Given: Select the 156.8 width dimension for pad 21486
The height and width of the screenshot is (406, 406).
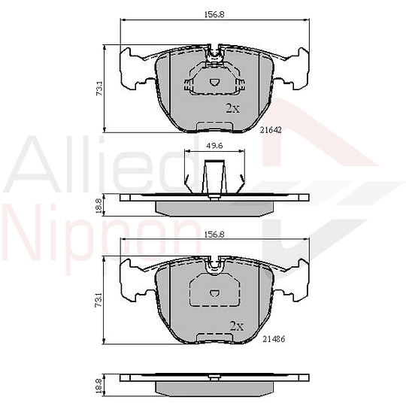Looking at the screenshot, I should [214, 234].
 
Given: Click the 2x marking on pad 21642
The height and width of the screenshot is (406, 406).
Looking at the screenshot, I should [233, 108].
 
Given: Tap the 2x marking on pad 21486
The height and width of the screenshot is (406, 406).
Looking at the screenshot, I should [236, 326].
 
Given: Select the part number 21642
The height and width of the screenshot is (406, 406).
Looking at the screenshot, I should [271, 130].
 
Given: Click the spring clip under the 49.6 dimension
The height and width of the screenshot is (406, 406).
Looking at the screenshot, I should [214, 181].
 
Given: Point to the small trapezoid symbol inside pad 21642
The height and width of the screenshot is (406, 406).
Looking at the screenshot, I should [214, 83].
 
